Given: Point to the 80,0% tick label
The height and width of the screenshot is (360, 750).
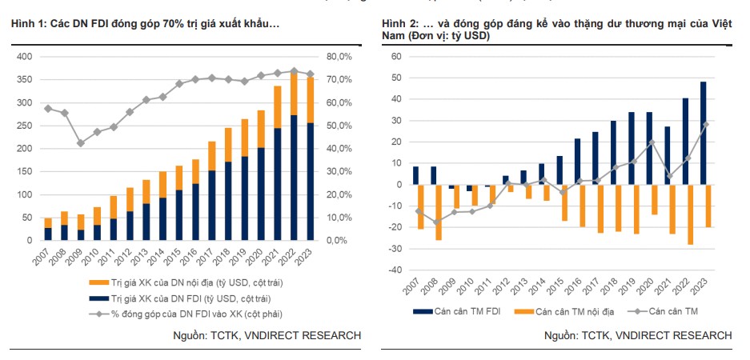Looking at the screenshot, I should pos(338,57).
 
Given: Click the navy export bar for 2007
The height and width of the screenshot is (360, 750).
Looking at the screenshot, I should pos(48,234).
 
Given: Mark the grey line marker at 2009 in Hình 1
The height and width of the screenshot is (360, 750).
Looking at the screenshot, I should pos(81,143).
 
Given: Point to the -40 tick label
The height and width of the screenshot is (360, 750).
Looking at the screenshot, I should pos(393,270).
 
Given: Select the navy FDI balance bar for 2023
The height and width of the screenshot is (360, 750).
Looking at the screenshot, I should pos(703,133).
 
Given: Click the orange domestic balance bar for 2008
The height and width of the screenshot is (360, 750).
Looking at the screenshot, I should pos(439,212).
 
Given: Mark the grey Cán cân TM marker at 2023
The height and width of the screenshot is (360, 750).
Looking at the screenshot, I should pos(706,124).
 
